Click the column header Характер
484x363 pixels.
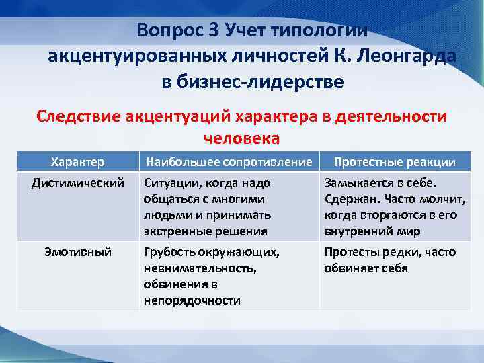point(78,162)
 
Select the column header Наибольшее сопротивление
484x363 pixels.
point(228,162)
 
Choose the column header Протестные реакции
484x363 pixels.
point(395,162)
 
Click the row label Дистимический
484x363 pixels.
point(78,182)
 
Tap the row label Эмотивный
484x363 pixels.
point(78,252)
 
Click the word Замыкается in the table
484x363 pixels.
point(356,182)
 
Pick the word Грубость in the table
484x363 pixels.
point(169,252)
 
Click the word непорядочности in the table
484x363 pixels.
point(192,300)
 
